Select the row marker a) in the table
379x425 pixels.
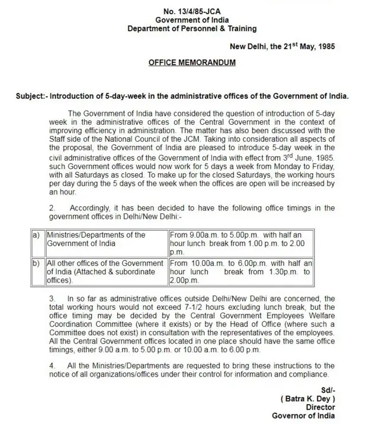click(36, 235)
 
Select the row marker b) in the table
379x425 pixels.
click(36, 262)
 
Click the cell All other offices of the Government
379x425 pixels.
click(105, 271)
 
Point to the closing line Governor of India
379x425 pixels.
click(303, 416)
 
